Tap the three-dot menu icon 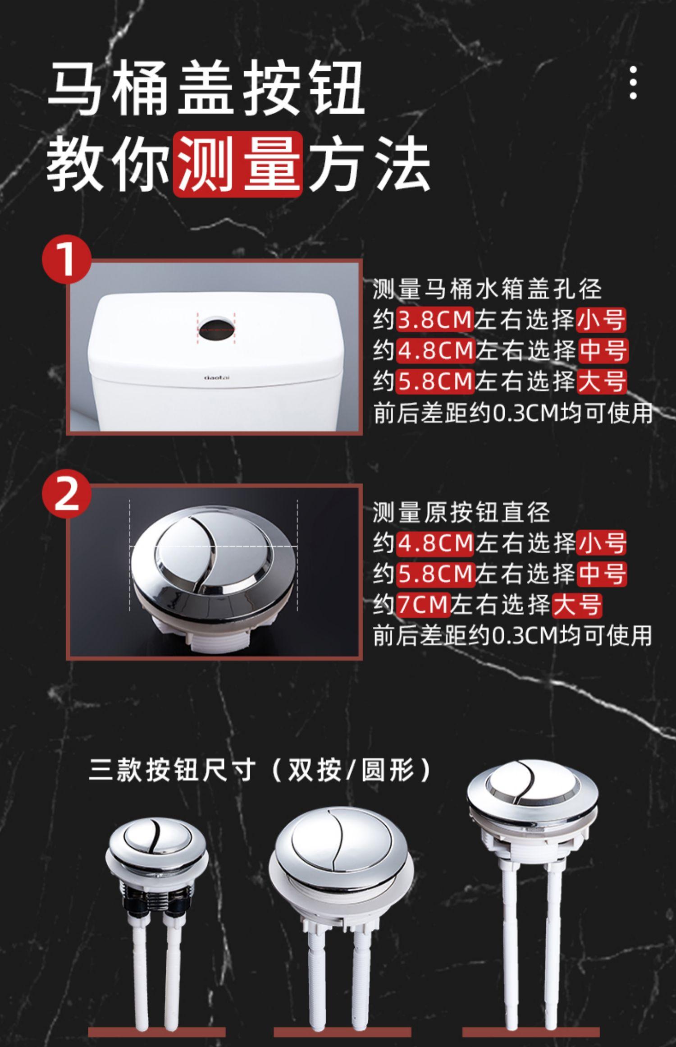[633, 83]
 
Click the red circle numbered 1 [67, 260]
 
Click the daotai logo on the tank [217, 377]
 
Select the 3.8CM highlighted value [435, 320]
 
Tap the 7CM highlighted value [424, 604]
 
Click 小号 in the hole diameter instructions [601, 320]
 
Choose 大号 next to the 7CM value [577, 604]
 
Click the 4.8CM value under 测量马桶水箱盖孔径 [436, 351]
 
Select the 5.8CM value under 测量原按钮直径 [436, 574]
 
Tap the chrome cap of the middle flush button [341, 845]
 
